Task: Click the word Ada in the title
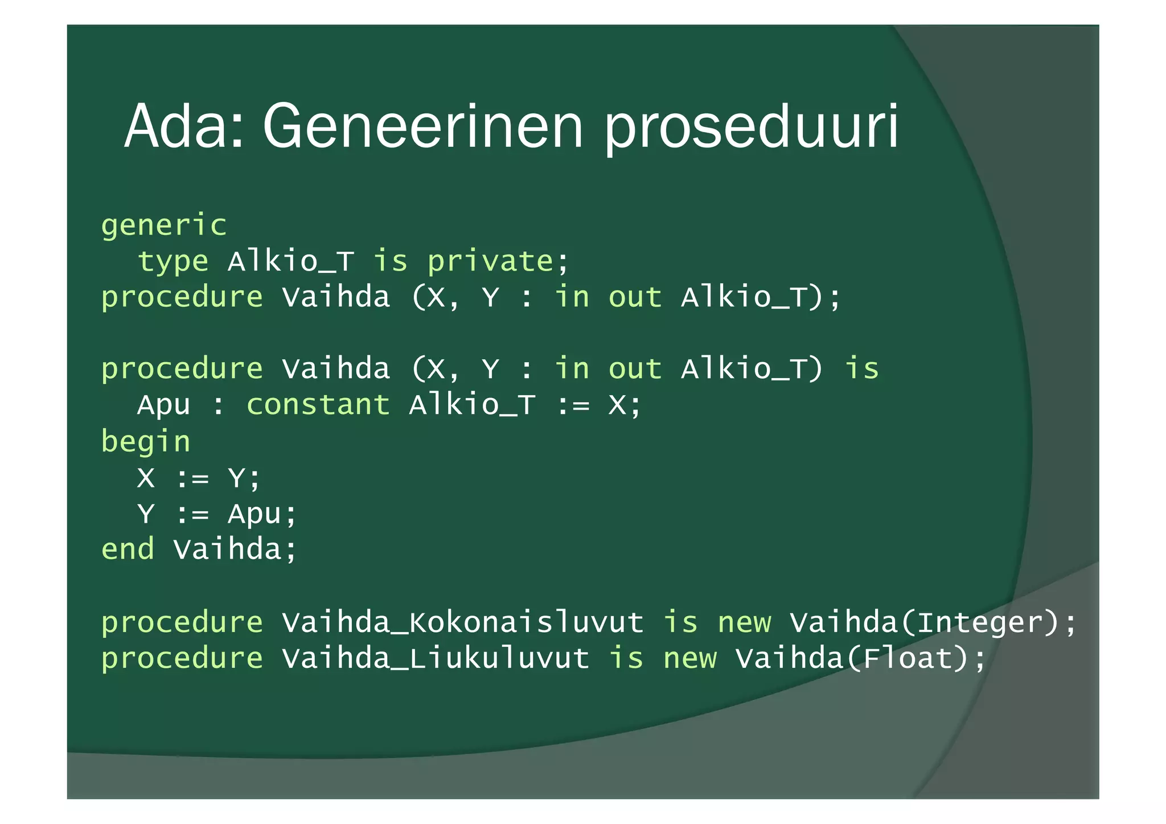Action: pos(181,126)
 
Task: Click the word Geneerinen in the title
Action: pos(422,126)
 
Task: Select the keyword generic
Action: pos(164,226)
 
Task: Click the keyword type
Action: pos(173,262)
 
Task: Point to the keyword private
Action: pos(490,262)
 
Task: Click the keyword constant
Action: pos(318,405)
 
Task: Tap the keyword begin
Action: pos(146,442)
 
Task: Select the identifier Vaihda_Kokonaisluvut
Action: pos(463,622)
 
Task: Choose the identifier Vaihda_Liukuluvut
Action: pos(436,659)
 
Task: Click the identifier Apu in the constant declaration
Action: pos(163,405)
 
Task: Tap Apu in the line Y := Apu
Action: pos(254,514)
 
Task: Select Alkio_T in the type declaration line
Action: pos(291,262)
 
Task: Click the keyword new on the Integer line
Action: pos(744,622)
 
